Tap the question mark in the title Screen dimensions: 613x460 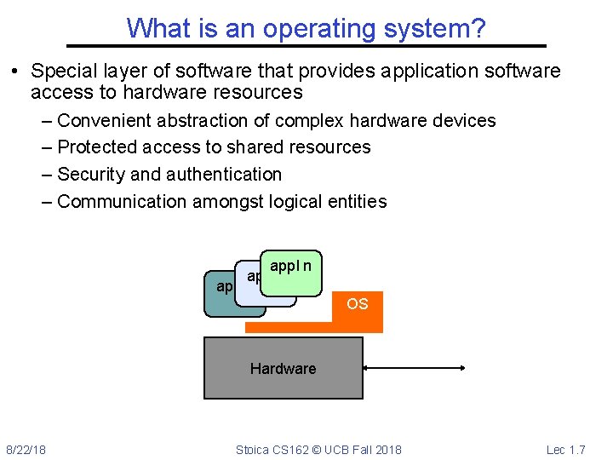[x=479, y=29]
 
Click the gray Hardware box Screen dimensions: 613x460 [x=283, y=368]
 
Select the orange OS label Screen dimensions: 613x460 [x=358, y=304]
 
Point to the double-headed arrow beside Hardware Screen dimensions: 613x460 [x=414, y=368]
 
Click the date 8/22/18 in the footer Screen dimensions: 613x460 [x=26, y=449]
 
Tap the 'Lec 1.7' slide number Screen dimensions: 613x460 [x=565, y=449]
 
